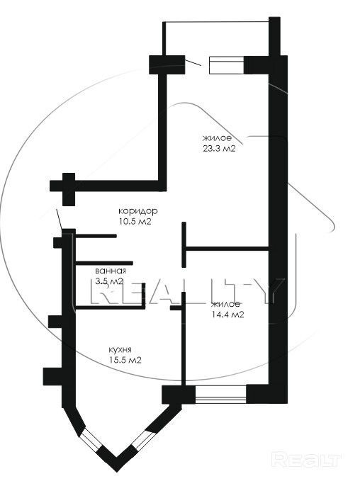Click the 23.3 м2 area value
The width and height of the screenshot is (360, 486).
pyautogui.click(x=219, y=149)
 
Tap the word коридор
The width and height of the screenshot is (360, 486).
pyautogui.click(x=138, y=211)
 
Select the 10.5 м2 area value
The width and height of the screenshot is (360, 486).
pyautogui.click(x=134, y=222)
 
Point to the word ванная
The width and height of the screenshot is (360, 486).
pyautogui.click(x=111, y=271)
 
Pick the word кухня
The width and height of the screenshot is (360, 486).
pyautogui.click(x=120, y=350)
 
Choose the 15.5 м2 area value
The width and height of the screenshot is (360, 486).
pyautogui.click(x=125, y=360)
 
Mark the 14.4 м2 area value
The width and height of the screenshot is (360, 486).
pyautogui.click(x=227, y=315)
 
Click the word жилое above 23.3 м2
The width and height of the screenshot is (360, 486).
pyautogui.click(x=217, y=138)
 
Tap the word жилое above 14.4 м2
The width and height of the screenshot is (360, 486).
pyautogui.click(x=225, y=304)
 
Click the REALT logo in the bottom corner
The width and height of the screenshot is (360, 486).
pyautogui.click(x=306, y=460)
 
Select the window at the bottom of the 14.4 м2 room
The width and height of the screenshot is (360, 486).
pyautogui.click(x=221, y=394)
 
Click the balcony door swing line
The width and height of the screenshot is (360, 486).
pyautogui.click(x=193, y=62)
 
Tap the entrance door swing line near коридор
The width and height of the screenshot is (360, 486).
pyautogui.click(x=60, y=220)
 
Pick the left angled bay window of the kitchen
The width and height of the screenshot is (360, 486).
pyautogui.click(x=91, y=439)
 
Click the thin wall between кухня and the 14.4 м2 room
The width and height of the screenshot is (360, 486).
pyautogui.click(x=184, y=339)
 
